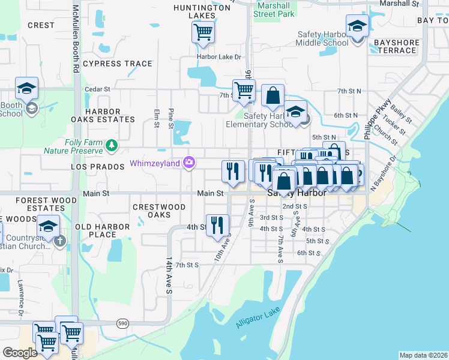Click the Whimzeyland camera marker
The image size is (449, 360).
(190, 163)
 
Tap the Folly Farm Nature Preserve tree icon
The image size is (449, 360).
(110, 145)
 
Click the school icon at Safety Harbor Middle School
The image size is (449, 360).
(357, 26)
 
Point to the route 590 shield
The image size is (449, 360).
(123, 323)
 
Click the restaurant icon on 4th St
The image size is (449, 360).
(217, 226)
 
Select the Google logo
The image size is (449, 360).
(20, 353)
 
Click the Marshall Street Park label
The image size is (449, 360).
(274, 9)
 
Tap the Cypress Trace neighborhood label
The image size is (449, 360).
(118, 64)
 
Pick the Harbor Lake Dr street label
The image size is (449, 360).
(218, 58)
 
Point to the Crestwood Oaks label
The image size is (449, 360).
(159, 211)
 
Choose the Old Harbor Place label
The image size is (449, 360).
(102, 230)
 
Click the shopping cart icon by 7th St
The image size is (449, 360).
(243, 91)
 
